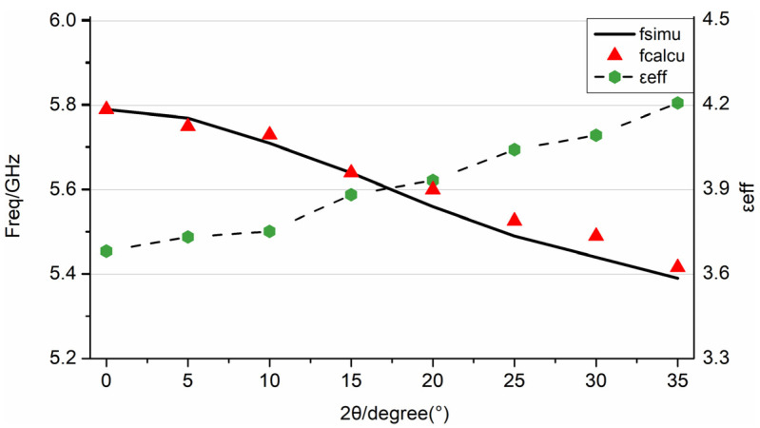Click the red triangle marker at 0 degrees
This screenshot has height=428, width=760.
[x=107, y=107]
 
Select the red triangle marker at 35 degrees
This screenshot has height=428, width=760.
[x=677, y=266]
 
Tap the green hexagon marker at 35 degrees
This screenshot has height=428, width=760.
[x=677, y=103]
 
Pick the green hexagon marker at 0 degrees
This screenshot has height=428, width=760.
[x=107, y=251]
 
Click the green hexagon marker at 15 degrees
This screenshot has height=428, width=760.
[x=351, y=195]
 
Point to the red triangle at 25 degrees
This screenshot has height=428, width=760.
[x=515, y=220]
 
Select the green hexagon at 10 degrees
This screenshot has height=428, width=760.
[x=269, y=231]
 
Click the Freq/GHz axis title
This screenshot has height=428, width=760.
[x=16, y=189]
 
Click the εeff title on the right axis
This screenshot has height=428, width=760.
[x=749, y=189]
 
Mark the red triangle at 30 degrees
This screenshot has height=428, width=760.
[x=596, y=235]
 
